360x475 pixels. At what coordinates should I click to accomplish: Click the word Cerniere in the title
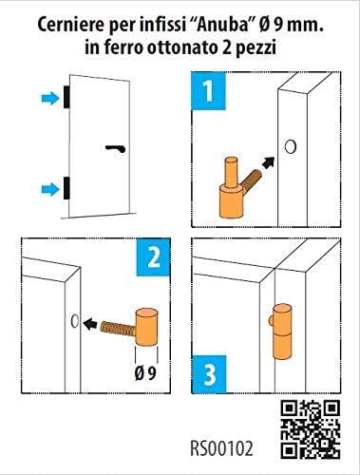click(x=71, y=25)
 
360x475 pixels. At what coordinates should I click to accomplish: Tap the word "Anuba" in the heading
click(x=221, y=25)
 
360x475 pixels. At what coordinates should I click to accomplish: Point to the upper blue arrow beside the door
click(x=50, y=98)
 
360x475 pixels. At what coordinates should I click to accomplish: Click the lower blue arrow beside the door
click(x=50, y=189)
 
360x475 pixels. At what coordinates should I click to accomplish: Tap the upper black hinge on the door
click(x=66, y=97)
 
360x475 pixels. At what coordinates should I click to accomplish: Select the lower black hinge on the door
click(x=66, y=188)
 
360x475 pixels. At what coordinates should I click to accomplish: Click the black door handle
click(x=116, y=148)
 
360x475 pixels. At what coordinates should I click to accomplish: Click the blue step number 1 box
click(x=208, y=91)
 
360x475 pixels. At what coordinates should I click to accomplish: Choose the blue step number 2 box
click(x=153, y=257)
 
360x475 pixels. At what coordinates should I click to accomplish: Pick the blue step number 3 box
click(x=209, y=374)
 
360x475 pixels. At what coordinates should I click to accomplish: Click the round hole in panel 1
click(x=290, y=146)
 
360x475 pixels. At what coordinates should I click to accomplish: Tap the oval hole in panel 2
click(x=75, y=321)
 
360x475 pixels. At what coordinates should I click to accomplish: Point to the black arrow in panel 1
click(x=268, y=163)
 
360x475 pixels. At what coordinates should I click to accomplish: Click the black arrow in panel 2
click(x=90, y=323)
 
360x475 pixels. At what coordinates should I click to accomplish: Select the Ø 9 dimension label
click(x=145, y=374)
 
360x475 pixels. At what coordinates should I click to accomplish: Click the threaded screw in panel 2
click(x=119, y=329)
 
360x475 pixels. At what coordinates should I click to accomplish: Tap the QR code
click(x=311, y=428)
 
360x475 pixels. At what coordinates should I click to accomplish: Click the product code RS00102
click(x=221, y=448)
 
